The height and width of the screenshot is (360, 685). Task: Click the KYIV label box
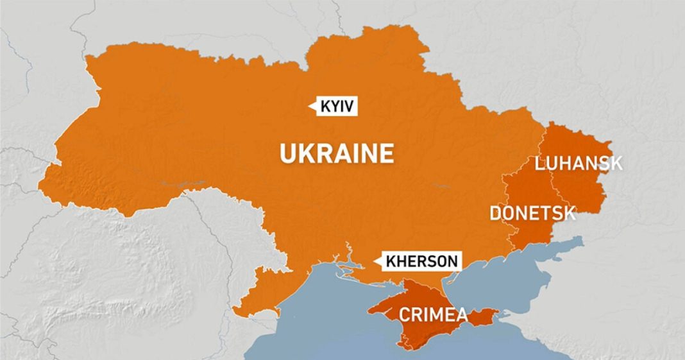(335, 107)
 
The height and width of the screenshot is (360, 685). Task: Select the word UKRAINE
(337, 154)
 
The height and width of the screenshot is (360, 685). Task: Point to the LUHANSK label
(579, 163)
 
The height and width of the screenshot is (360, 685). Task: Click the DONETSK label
(532, 213)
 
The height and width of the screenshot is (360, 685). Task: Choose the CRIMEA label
(433, 315)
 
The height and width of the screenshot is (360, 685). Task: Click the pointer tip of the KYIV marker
(310, 107)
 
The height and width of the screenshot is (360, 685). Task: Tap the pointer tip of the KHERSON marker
(375, 261)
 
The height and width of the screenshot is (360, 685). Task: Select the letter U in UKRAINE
(287, 154)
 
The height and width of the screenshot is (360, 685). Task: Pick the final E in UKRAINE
(386, 154)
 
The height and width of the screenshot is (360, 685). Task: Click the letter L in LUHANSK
(540, 163)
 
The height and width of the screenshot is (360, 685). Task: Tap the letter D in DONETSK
(495, 213)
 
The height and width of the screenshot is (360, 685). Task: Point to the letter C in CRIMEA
(405, 315)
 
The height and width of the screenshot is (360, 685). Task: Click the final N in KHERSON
(453, 261)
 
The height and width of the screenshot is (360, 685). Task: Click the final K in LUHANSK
(616, 163)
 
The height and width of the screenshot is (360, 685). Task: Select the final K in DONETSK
(570, 213)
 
